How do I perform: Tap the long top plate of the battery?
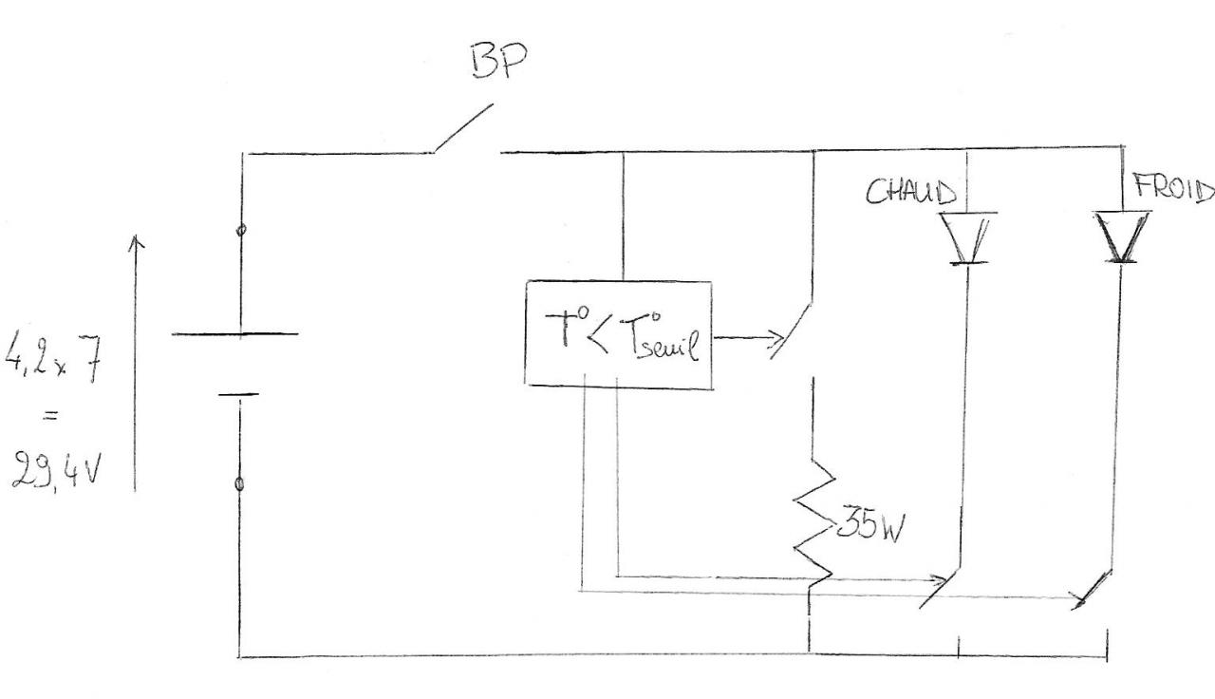tap(234, 333)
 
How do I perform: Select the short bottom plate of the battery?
tap(238, 393)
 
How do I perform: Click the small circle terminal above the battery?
tap(241, 230)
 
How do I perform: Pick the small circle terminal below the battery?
tap(239, 484)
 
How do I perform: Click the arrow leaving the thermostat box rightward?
tap(750, 336)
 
